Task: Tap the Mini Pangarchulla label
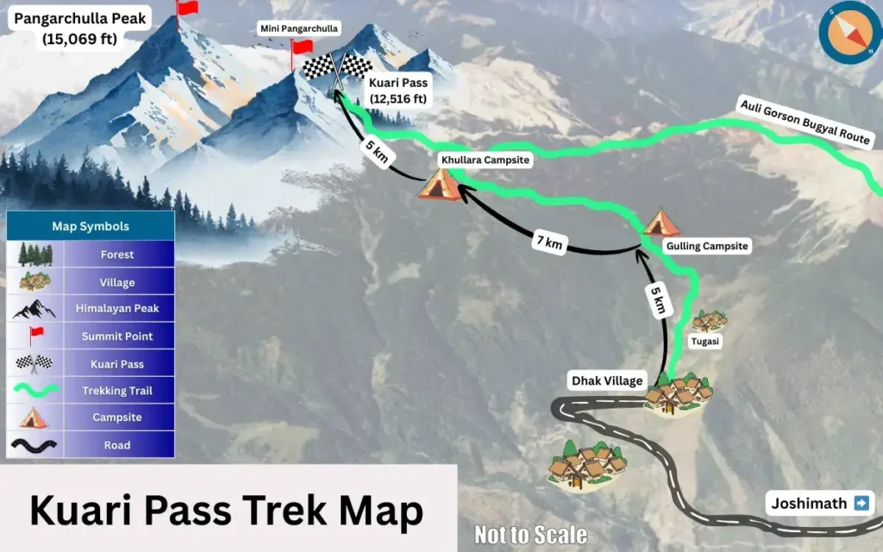pos(299,29)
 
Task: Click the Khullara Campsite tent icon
pos(438,185)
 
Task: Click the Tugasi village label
pos(705,342)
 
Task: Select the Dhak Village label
pos(606,380)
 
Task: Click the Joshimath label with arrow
pos(819,503)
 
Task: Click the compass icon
pos(849,32)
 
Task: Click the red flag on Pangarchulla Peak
pos(185,9)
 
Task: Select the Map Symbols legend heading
pos(91,226)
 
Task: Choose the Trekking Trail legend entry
pos(116,391)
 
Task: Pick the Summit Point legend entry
pos(116,336)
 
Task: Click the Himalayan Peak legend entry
pos(116,309)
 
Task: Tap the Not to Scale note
pos(530,535)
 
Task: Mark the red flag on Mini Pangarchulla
pos(302,47)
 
